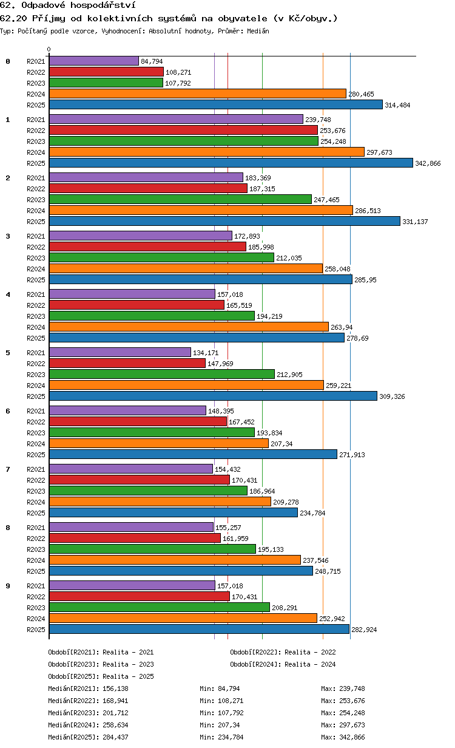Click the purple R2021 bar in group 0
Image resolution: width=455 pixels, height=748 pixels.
94,61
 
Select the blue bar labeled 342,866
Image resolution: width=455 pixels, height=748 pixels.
231,163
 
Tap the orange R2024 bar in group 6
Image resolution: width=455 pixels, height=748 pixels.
159,443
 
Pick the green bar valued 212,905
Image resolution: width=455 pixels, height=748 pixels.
162,375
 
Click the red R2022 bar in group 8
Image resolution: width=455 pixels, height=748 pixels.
135,539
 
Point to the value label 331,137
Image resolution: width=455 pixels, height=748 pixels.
415,222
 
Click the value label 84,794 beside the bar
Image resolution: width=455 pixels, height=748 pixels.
152,61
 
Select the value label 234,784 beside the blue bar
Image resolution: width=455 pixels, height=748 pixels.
312,513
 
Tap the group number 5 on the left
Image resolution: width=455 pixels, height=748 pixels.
8,353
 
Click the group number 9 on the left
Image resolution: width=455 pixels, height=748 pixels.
8,586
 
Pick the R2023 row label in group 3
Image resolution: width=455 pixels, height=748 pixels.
36,258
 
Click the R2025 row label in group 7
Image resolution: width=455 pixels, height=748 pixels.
36,513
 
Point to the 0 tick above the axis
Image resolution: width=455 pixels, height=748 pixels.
49,49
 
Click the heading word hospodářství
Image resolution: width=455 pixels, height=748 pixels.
103,5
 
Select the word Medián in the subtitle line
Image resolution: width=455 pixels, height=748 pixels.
258,31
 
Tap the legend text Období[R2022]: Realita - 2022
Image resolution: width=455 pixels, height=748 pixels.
283,652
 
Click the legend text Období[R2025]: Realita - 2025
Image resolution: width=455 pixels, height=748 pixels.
101,676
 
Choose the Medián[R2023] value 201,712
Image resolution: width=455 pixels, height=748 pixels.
115,713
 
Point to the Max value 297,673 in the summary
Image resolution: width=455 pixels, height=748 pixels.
352,725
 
